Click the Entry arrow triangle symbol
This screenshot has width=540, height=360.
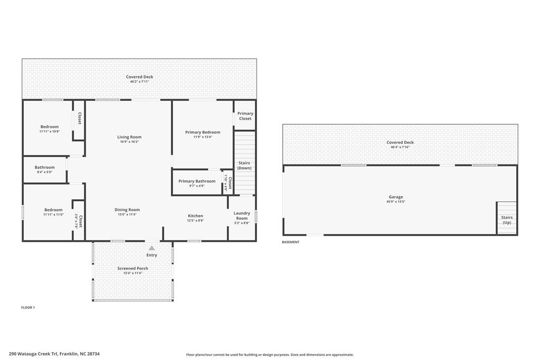click(x=152, y=248)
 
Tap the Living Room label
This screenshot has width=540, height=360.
click(x=129, y=137)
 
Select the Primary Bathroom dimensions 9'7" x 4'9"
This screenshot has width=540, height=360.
click(x=197, y=186)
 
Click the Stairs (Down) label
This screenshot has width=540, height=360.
click(x=244, y=166)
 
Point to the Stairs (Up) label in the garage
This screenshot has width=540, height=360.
click(x=507, y=220)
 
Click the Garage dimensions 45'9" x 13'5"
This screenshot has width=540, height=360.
click(x=396, y=202)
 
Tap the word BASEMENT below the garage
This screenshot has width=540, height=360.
click(x=291, y=242)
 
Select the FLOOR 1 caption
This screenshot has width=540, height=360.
click(x=28, y=307)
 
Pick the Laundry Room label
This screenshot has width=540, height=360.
click(x=242, y=216)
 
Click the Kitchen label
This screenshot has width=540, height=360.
click(x=196, y=216)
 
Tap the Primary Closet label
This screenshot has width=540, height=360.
click(x=245, y=116)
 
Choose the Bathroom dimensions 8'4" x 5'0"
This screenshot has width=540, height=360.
click(x=45, y=172)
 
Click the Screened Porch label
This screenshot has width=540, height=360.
click(x=132, y=268)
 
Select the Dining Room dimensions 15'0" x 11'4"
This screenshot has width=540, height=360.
click(x=127, y=215)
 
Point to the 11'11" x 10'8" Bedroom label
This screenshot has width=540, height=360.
click(x=50, y=127)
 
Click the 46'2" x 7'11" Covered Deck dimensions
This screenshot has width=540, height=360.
click(x=140, y=82)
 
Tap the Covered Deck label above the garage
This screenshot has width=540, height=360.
click(x=400, y=142)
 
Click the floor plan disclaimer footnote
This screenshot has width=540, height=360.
click(x=270, y=355)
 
